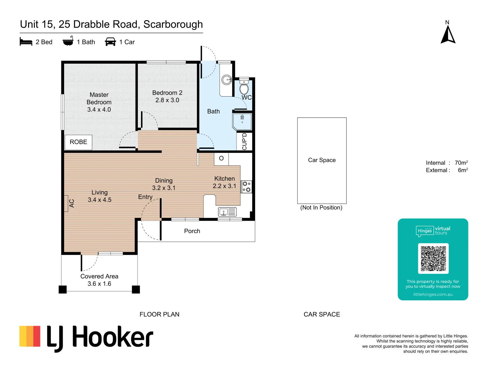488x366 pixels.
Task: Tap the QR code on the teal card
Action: [433, 258]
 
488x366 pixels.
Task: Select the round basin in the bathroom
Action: [226, 80]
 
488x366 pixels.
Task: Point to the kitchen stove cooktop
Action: [246, 187]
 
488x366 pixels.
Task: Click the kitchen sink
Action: [227, 212]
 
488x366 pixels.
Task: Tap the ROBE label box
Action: [78, 142]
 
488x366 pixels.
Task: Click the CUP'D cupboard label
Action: [244, 141]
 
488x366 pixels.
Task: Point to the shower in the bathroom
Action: [242, 121]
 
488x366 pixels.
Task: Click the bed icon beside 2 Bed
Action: [26, 42]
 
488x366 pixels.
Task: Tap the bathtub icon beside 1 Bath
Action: [68, 41]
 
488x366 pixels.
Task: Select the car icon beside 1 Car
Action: [110, 42]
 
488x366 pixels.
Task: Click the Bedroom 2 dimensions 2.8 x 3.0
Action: [167, 100]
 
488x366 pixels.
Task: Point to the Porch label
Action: [192, 231]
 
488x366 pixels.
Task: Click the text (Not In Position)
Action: [321, 208]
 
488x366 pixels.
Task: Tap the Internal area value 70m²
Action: [461, 163]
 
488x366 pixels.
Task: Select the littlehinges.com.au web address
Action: [433, 294]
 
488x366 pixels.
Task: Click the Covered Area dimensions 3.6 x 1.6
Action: [99, 284]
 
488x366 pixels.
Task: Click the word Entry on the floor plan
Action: [145, 197]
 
